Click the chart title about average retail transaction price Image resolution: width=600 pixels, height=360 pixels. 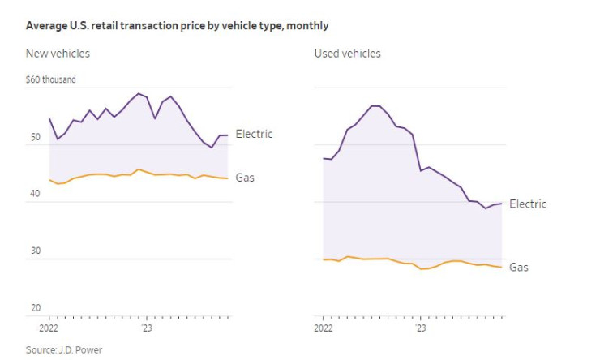click(x=177, y=26)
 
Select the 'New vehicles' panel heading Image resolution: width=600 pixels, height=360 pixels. click(x=58, y=54)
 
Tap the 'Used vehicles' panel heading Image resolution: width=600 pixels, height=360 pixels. click(x=347, y=54)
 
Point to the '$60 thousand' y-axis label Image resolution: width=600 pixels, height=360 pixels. click(x=50, y=79)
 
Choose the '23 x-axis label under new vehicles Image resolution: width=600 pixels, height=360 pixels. click(x=146, y=328)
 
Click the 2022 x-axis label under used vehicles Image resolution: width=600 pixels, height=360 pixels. click(x=323, y=328)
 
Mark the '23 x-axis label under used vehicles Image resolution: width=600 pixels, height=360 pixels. click(x=420, y=328)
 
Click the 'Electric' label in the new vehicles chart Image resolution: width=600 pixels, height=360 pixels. click(x=254, y=134)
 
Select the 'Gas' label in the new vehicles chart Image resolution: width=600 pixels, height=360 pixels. click(x=245, y=177)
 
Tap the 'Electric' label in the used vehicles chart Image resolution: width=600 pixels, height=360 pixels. click(x=528, y=204)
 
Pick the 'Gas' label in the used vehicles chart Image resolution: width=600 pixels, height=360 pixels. click(x=519, y=267)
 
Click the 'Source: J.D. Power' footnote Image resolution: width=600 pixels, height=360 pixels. click(x=64, y=349)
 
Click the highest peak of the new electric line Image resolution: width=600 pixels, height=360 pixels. click(x=139, y=93)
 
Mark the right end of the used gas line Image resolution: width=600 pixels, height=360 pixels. click(x=502, y=268)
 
